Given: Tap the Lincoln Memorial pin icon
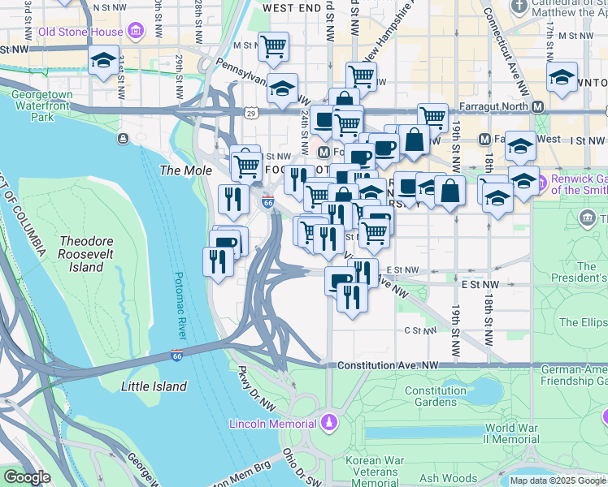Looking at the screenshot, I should click(x=328, y=422).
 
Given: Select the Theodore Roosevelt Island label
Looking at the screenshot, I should click(x=86, y=255).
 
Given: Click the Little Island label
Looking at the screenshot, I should click(x=154, y=386).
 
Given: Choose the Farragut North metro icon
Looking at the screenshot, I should click(x=537, y=106).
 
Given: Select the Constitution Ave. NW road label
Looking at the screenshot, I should click(x=387, y=365).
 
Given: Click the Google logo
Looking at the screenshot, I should click(x=27, y=477).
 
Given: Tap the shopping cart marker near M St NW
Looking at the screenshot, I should click(x=273, y=46).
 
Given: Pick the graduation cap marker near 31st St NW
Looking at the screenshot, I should click(x=103, y=62).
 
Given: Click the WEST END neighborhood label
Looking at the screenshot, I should click(x=292, y=7).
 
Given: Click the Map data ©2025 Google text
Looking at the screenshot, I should click(x=557, y=481).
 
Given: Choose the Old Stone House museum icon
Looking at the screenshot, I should click(x=134, y=32).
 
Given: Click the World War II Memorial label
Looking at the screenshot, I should click(x=512, y=433).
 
